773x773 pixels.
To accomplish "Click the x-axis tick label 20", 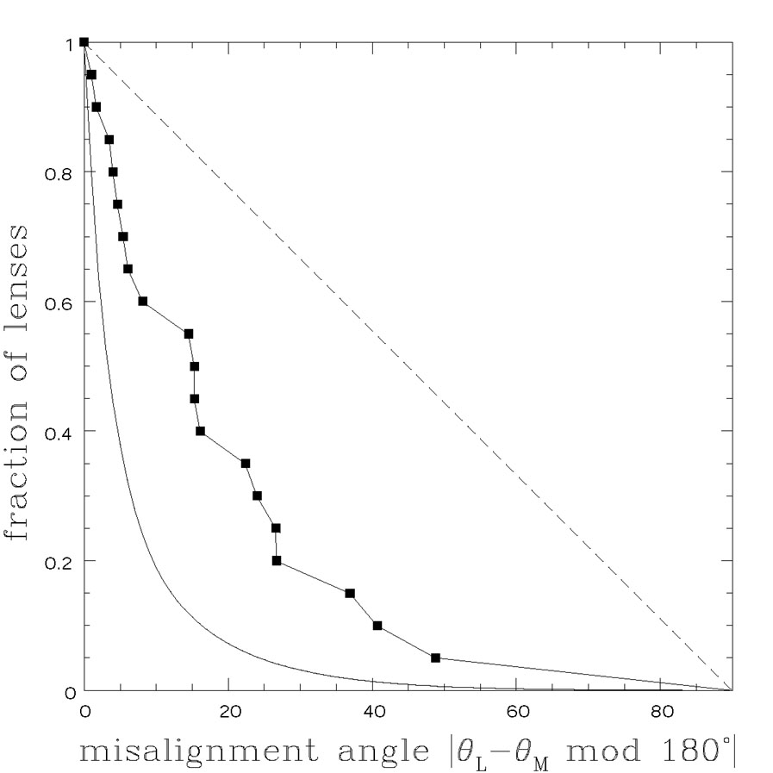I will [228, 713].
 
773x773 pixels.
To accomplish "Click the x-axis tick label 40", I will [372, 713].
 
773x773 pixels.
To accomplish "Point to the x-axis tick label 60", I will [516, 713].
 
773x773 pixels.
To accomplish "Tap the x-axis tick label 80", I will [660, 713].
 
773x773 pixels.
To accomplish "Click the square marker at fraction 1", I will [84, 42].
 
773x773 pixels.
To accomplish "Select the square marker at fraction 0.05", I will [435, 658].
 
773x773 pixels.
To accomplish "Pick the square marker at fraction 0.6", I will [143, 302].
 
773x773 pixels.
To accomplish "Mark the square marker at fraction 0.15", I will [350, 593].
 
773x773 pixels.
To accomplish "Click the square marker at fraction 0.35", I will [246, 464].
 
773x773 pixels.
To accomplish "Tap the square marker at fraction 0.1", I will [377, 626].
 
